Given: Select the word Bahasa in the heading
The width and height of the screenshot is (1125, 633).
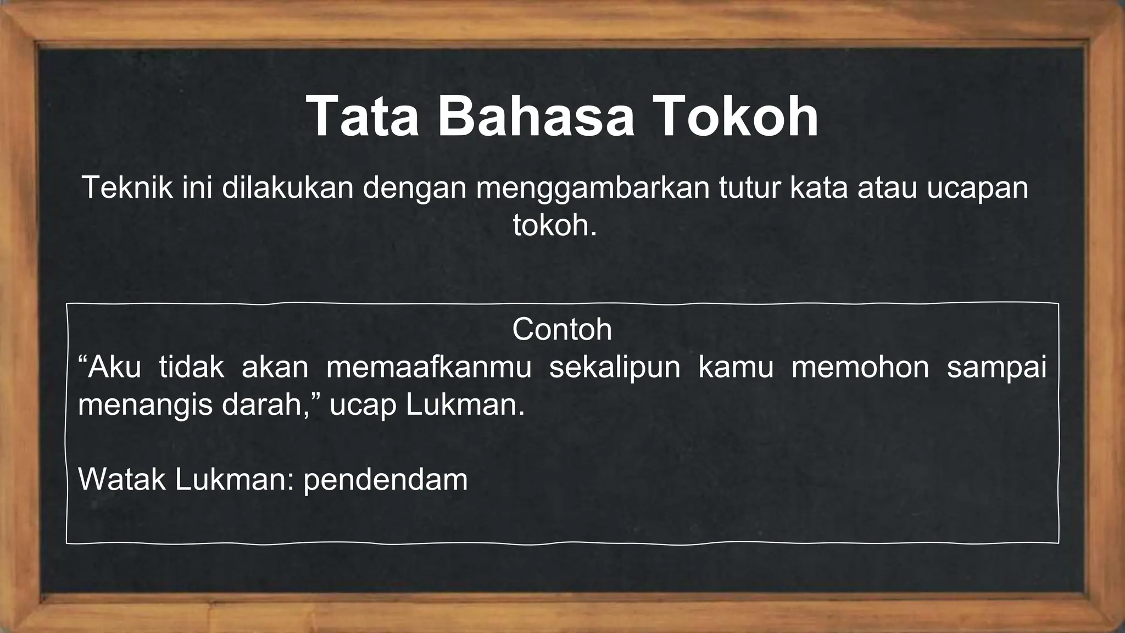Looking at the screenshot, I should [x=536, y=118].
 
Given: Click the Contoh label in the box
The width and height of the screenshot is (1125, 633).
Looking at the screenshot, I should [x=562, y=329].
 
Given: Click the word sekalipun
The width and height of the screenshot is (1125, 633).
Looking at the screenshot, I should [x=615, y=368].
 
